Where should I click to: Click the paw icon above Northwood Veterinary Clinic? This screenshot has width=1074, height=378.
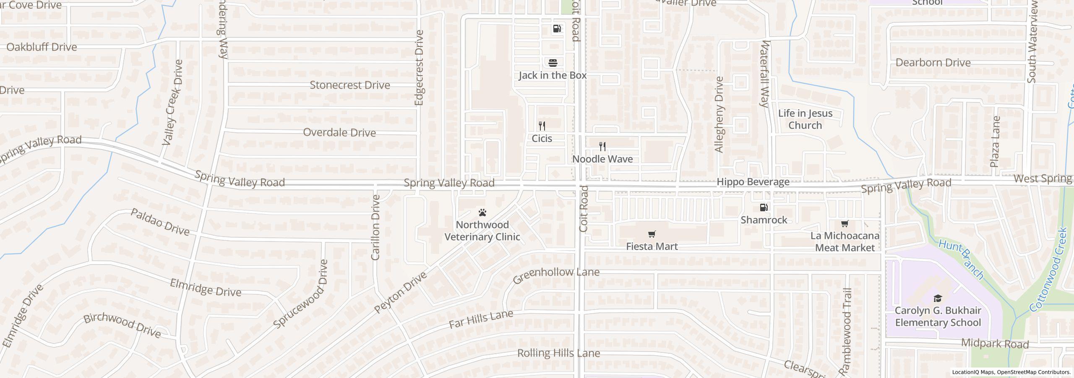click(482, 213)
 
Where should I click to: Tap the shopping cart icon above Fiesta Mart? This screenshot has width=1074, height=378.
click(652, 234)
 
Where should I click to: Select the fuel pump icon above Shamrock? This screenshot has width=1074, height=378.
click(764, 207)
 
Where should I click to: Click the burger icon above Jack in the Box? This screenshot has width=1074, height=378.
click(553, 63)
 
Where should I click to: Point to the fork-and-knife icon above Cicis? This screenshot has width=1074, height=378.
click(542, 126)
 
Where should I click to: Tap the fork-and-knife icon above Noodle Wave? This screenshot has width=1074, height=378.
click(602, 147)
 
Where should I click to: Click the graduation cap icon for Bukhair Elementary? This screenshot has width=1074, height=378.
click(938, 298)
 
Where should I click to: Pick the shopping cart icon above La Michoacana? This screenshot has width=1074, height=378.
click(845, 224)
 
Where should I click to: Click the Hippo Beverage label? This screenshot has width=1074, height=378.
click(753, 182)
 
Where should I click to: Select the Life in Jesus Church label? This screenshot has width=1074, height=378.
click(805, 119)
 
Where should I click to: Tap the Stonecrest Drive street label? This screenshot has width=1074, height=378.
click(350, 85)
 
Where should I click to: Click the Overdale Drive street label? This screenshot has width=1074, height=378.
click(339, 133)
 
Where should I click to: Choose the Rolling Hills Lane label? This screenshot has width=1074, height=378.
click(558, 353)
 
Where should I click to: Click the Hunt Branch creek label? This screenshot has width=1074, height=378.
click(961, 259)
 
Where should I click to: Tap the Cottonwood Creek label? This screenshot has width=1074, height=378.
click(1048, 270)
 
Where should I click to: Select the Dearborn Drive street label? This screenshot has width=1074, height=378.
click(933, 63)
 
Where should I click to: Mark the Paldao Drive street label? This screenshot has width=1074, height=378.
click(160, 222)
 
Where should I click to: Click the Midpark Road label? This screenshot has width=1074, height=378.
click(995, 344)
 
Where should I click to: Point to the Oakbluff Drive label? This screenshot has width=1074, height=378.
click(42, 47)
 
